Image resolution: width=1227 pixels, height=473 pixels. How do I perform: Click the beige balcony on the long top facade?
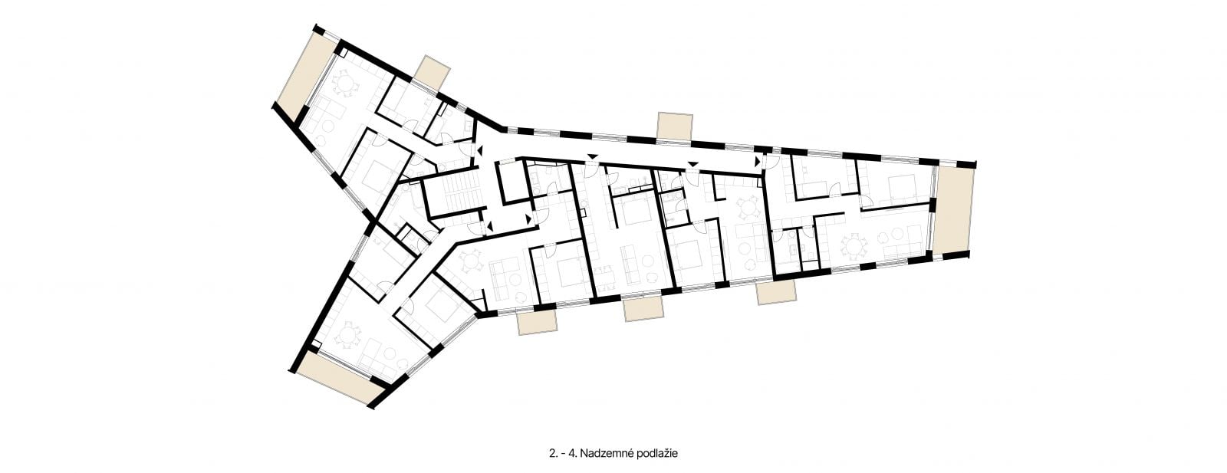pyautogui.click(x=675, y=126)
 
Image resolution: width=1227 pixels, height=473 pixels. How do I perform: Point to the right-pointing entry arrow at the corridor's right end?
pyautogui.click(x=758, y=162)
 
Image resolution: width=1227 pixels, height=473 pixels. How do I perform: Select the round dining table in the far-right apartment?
pyautogui.click(x=854, y=247)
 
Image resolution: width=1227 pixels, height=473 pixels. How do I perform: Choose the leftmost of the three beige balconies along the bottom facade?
pyautogui.click(x=538, y=323)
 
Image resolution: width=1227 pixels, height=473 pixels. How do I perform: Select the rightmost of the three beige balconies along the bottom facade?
pyautogui.click(x=775, y=293)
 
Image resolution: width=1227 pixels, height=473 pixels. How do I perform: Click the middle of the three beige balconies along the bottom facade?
pyautogui.click(x=644, y=310)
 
